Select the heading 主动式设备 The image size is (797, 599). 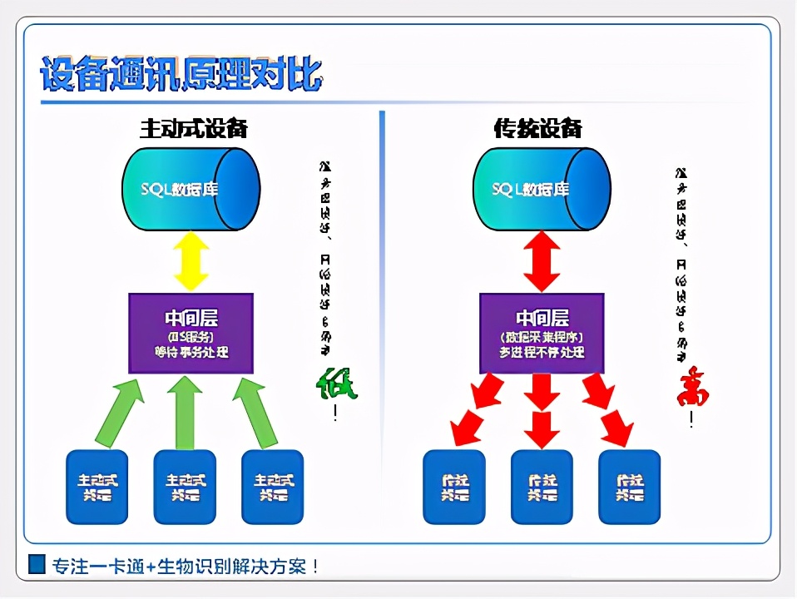point(193,128)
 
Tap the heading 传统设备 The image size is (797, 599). point(537,128)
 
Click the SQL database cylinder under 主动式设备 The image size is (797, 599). point(191,189)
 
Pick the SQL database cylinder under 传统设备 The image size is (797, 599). point(542,189)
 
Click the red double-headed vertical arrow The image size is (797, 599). point(542,261)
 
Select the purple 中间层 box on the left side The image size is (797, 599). point(191,333)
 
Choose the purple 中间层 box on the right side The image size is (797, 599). point(542,333)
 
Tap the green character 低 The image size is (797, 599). point(337,384)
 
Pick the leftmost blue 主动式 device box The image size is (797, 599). point(97,487)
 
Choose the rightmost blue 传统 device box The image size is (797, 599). point(629,487)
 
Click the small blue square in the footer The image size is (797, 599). point(37,565)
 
